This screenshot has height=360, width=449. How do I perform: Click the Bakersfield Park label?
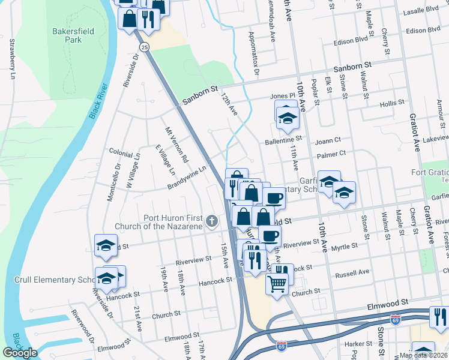(x=67, y=34)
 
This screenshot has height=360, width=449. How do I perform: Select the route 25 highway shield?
(x=144, y=46)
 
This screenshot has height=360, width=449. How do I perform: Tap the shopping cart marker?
(x=276, y=284)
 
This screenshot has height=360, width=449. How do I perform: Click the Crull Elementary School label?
(x=54, y=280)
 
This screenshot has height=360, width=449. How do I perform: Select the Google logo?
(x=20, y=353)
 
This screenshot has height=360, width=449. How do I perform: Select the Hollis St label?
(x=392, y=103)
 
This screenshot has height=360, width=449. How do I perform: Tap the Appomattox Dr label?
(x=253, y=53)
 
